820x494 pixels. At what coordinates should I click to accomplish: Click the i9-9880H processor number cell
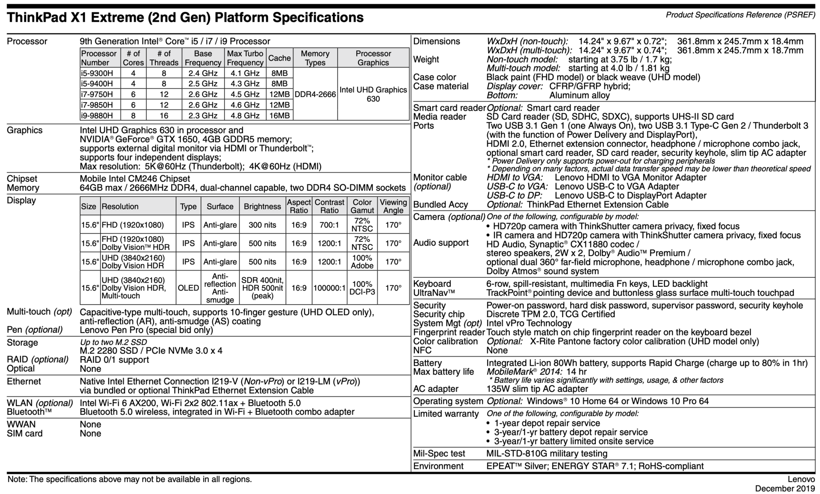(x=97, y=115)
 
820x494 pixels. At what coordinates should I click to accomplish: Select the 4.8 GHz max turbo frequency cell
(x=245, y=115)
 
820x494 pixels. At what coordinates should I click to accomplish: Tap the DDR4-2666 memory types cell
(x=315, y=94)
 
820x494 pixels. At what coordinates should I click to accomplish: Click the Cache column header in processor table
(x=279, y=58)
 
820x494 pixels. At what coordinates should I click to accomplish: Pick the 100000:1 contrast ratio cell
(x=329, y=288)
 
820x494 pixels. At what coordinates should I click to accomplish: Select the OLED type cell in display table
(x=188, y=288)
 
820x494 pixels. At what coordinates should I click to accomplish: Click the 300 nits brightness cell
(x=262, y=225)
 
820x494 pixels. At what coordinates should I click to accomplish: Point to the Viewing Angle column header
(x=393, y=206)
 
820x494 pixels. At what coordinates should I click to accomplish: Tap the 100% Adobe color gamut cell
(x=362, y=262)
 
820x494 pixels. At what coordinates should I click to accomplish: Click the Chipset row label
(x=22, y=179)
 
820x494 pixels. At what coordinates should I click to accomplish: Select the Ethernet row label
(x=24, y=381)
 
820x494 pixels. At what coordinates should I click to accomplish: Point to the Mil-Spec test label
(x=439, y=453)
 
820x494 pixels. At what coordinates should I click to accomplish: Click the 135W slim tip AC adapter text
(x=537, y=389)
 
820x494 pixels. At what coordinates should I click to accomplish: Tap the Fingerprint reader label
(x=449, y=332)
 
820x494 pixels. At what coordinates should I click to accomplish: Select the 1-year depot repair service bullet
(x=547, y=423)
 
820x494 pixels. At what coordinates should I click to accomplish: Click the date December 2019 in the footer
(x=785, y=488)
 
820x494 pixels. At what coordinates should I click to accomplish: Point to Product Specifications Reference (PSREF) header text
(x=740, y=15)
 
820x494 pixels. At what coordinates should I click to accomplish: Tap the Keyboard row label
(x=432, y=284)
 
